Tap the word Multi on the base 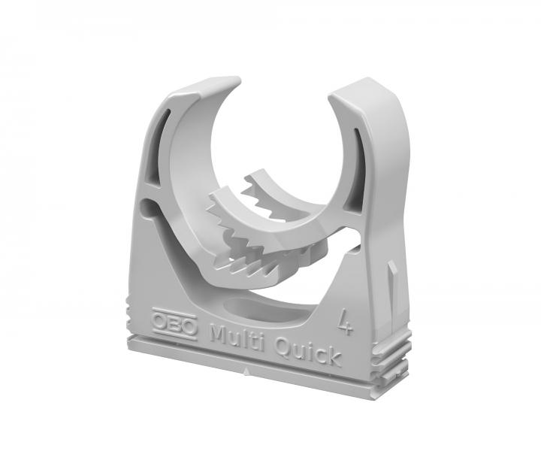(x=235, y=333)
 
